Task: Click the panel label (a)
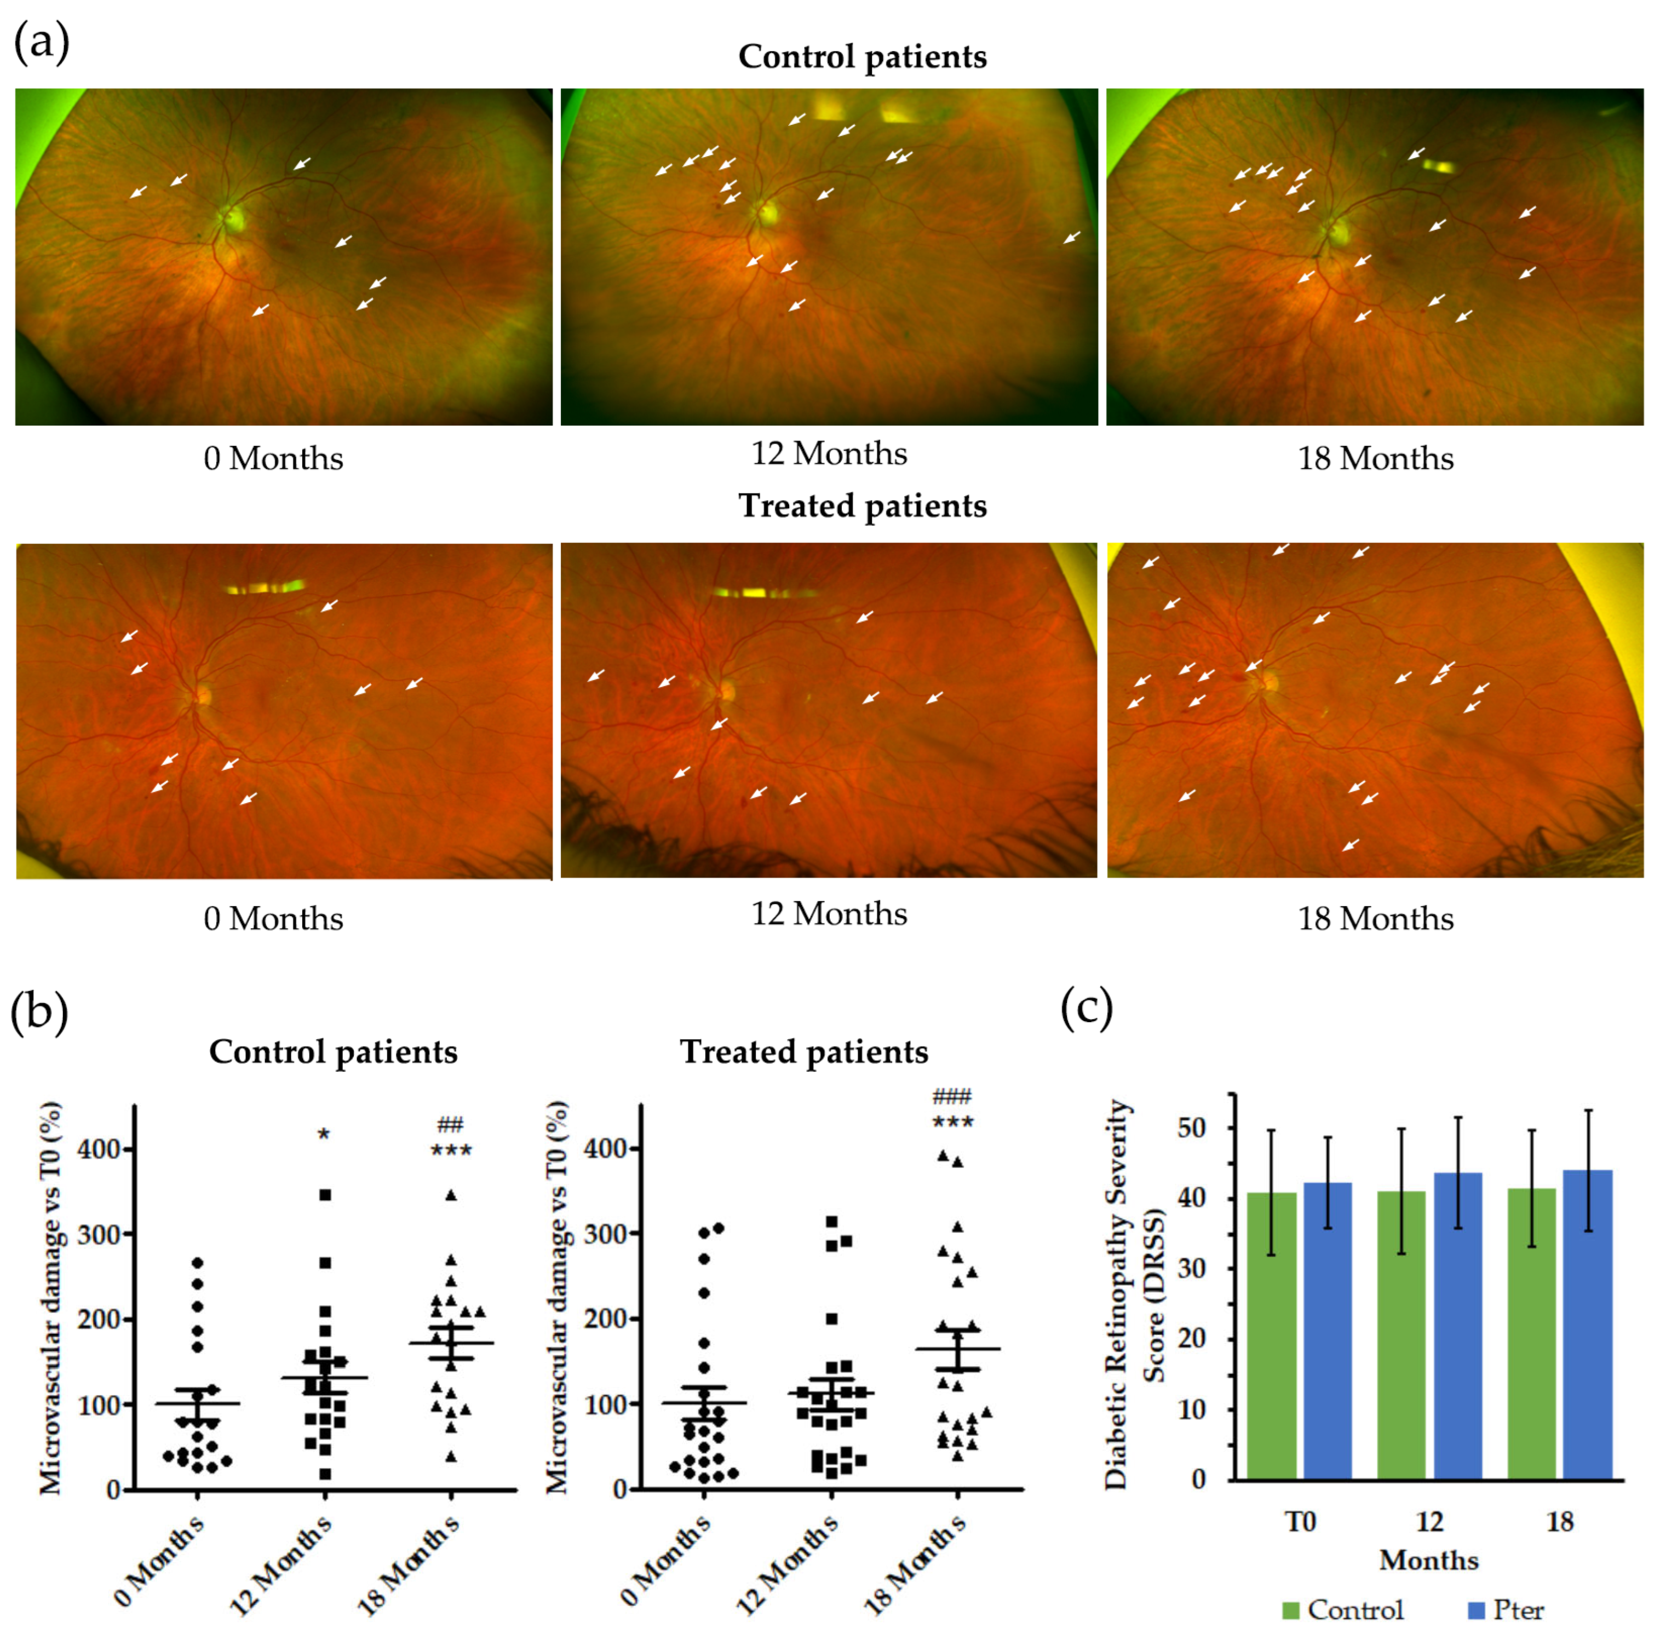click(41, 43)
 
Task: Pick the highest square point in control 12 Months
click(325, 1195)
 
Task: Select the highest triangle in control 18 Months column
click(451, 1195)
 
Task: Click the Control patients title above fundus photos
click(862, 57)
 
